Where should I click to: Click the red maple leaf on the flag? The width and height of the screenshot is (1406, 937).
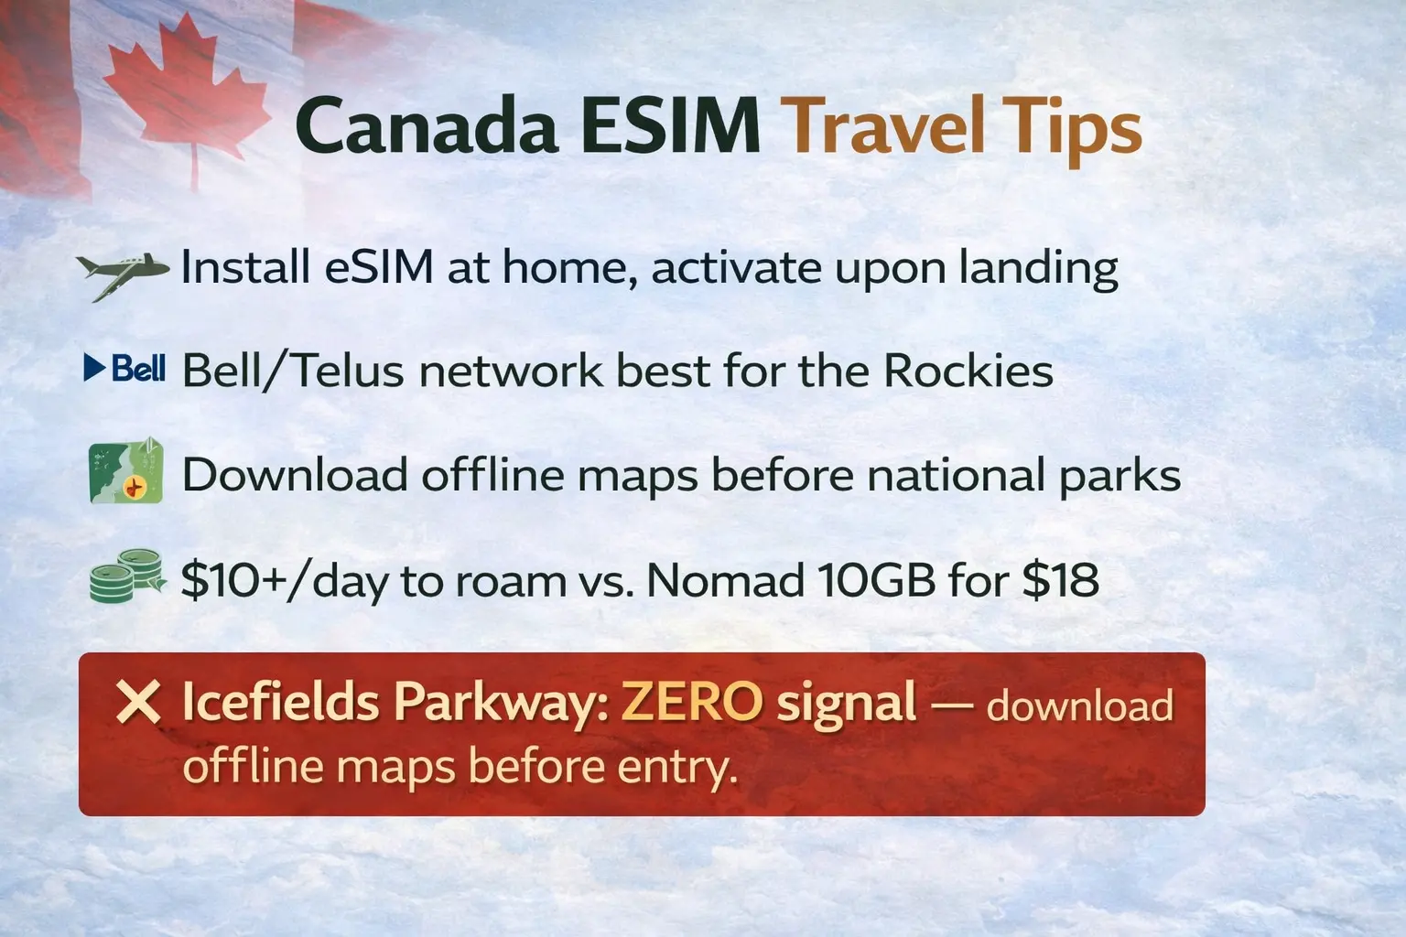(188, 96)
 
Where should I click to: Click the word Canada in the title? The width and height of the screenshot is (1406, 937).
(427, 127)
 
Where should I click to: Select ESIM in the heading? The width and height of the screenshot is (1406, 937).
(670, 127)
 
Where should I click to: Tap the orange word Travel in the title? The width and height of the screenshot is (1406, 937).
(884, 127)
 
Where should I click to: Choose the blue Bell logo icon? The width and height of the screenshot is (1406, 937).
(124, 369)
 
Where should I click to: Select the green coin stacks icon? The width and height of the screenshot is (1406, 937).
(126, 576)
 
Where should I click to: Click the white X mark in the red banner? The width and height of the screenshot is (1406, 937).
(138, 704)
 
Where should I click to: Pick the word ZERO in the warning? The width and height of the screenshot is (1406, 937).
(691, 703)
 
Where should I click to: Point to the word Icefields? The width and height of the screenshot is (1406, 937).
(280, 703)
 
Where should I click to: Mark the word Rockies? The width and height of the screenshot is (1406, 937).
(968, 371)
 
